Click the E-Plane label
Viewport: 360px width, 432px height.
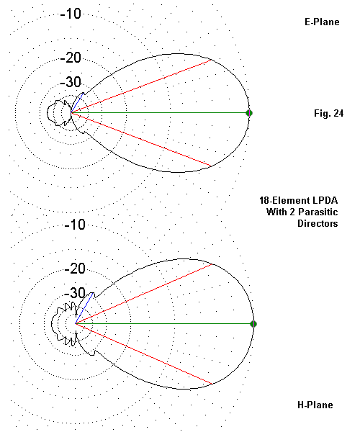322,22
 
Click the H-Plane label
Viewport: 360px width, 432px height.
315,405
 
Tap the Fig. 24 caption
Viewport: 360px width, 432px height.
328,113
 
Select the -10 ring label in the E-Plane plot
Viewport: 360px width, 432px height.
71,14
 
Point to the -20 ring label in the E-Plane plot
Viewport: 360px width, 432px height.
71,58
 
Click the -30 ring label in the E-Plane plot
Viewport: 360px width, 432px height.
71,82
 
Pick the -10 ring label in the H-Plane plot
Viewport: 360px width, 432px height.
75,225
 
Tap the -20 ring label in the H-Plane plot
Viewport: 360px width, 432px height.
75,269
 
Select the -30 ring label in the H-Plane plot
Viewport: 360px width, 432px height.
75,293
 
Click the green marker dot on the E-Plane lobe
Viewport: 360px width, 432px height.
249,113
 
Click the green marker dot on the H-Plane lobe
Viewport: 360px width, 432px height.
253,324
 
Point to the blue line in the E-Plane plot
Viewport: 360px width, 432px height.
77,103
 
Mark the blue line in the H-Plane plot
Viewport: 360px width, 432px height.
84,308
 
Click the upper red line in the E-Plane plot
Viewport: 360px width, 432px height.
141,86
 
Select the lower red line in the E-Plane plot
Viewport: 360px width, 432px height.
141,140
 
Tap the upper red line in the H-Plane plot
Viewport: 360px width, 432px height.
143,294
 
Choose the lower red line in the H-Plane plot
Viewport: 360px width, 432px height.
143,354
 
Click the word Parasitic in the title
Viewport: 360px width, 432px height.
318,212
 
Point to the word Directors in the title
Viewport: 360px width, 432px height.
318,223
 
